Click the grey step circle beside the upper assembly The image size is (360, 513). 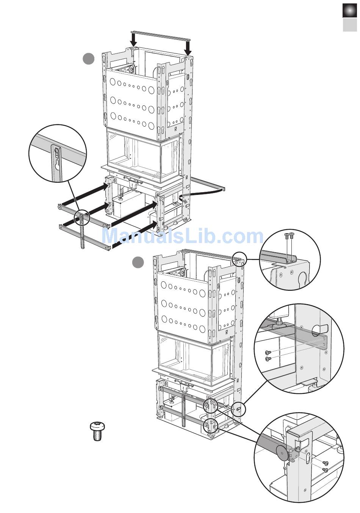point(88,59)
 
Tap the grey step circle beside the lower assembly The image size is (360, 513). point(138,262)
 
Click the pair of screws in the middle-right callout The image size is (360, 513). point(268,355)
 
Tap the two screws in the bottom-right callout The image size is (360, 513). point(325,467)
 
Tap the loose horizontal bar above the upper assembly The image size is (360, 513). point(160,36)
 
